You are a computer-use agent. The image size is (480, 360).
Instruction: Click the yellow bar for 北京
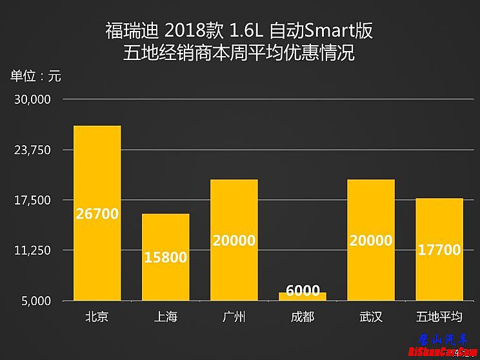point(97,174)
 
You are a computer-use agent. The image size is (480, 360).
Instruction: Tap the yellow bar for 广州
point(234,206)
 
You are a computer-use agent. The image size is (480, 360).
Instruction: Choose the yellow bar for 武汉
point(371,206)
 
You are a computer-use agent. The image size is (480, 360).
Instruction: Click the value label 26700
point(97,214)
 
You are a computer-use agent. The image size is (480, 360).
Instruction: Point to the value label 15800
point(165,257)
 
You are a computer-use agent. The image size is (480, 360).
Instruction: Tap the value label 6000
point(303,290)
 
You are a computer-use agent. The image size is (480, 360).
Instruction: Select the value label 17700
point(439,250)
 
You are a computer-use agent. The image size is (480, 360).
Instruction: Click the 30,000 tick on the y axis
point(32,100)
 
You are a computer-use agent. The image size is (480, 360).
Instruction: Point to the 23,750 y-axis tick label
point(32,150)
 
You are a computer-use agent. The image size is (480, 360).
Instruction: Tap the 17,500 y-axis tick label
point(32,200)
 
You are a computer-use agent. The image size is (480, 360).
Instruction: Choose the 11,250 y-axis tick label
point(32,250)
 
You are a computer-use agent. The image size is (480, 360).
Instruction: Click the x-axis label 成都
point(303,317)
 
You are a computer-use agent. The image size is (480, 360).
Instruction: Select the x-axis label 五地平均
point(439,317)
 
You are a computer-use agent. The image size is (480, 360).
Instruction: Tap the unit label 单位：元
point(35,75)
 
